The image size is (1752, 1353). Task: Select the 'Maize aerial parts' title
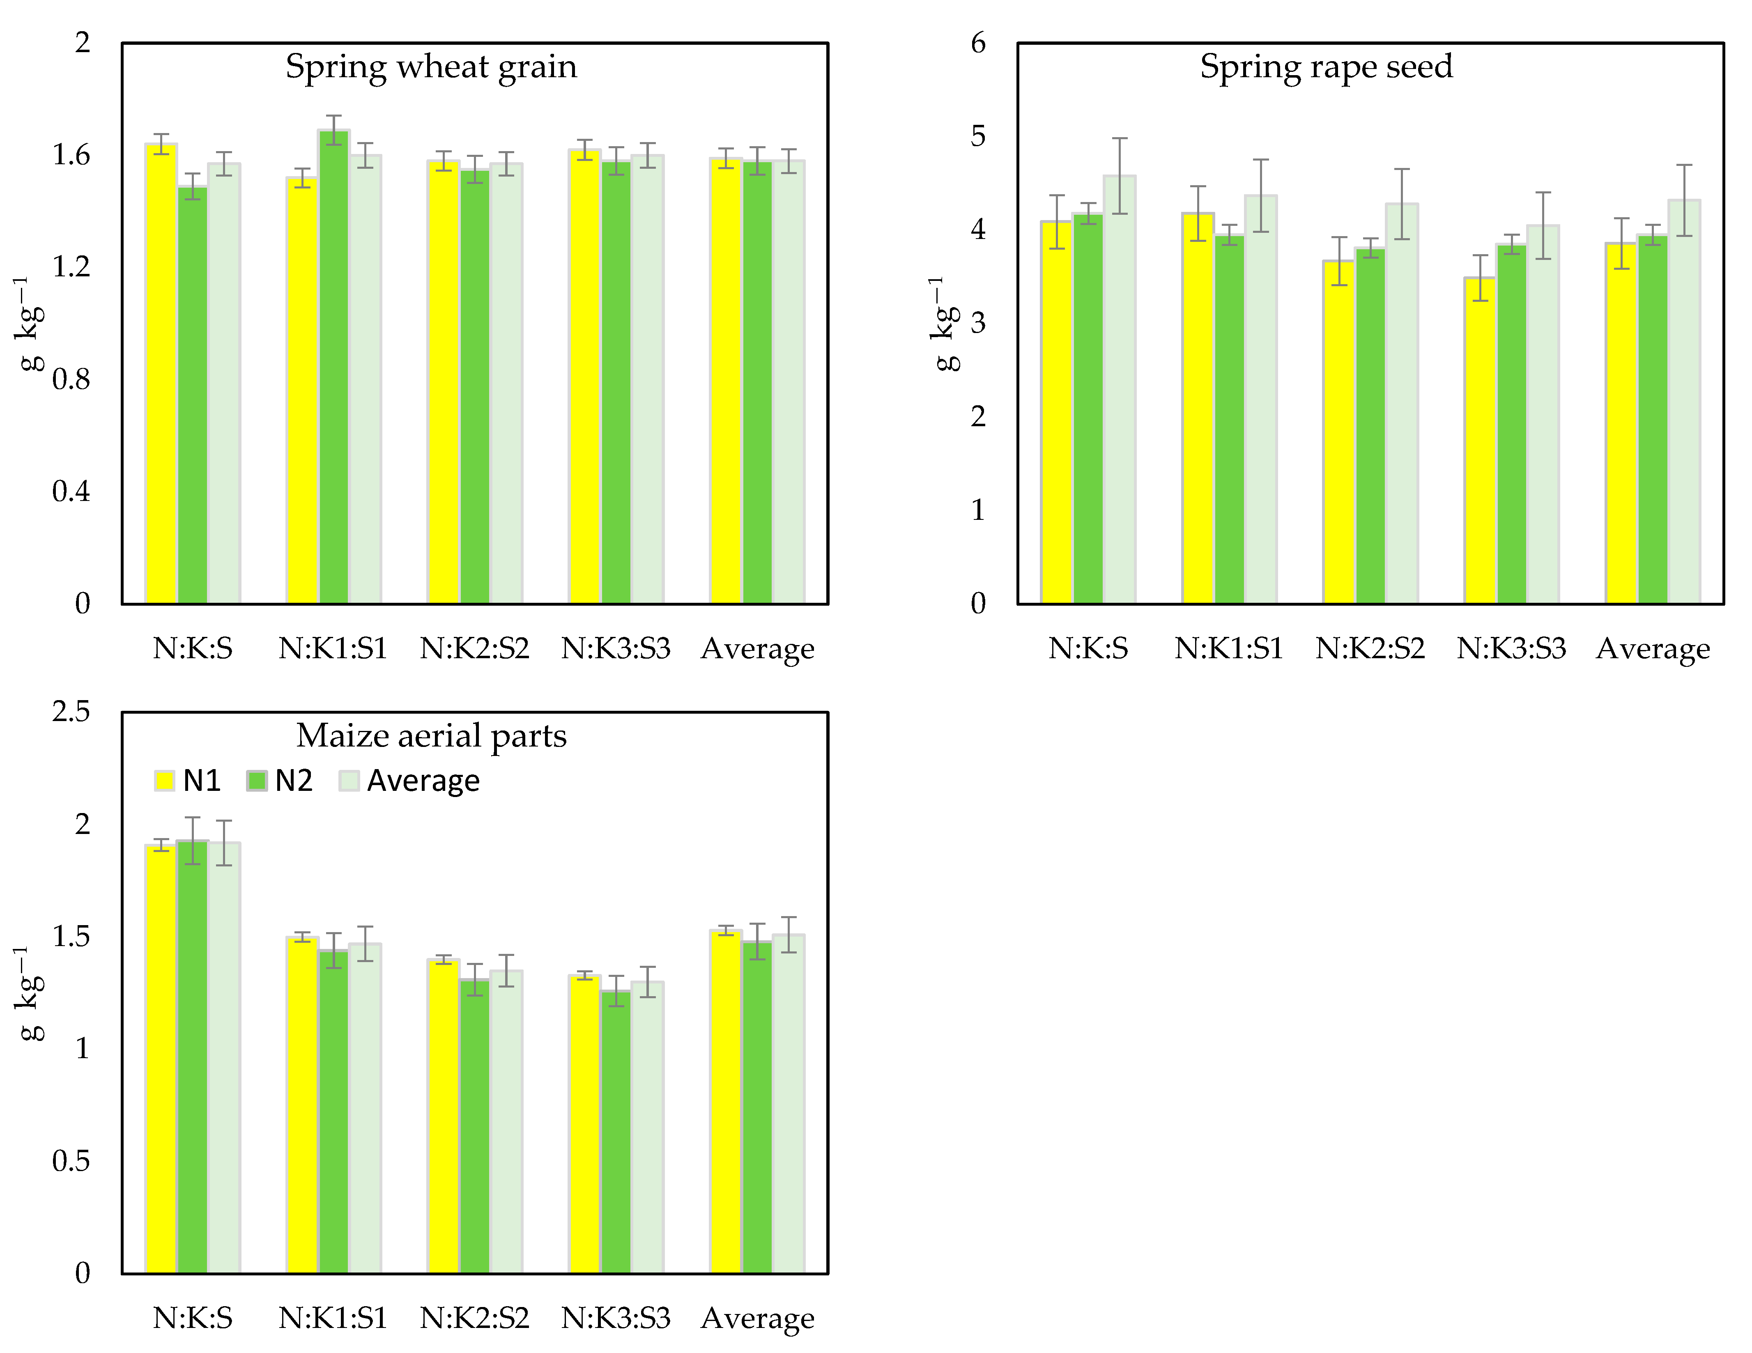point(431,735)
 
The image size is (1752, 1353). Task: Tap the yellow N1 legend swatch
point(164,780)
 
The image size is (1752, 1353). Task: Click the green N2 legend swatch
point(257,780)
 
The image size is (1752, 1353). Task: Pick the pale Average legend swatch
point(349,780)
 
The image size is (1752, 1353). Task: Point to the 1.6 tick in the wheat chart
point(71,155)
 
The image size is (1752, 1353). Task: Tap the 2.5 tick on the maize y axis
point(71,711)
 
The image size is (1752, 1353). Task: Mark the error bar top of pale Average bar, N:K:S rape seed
point(1119,139)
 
